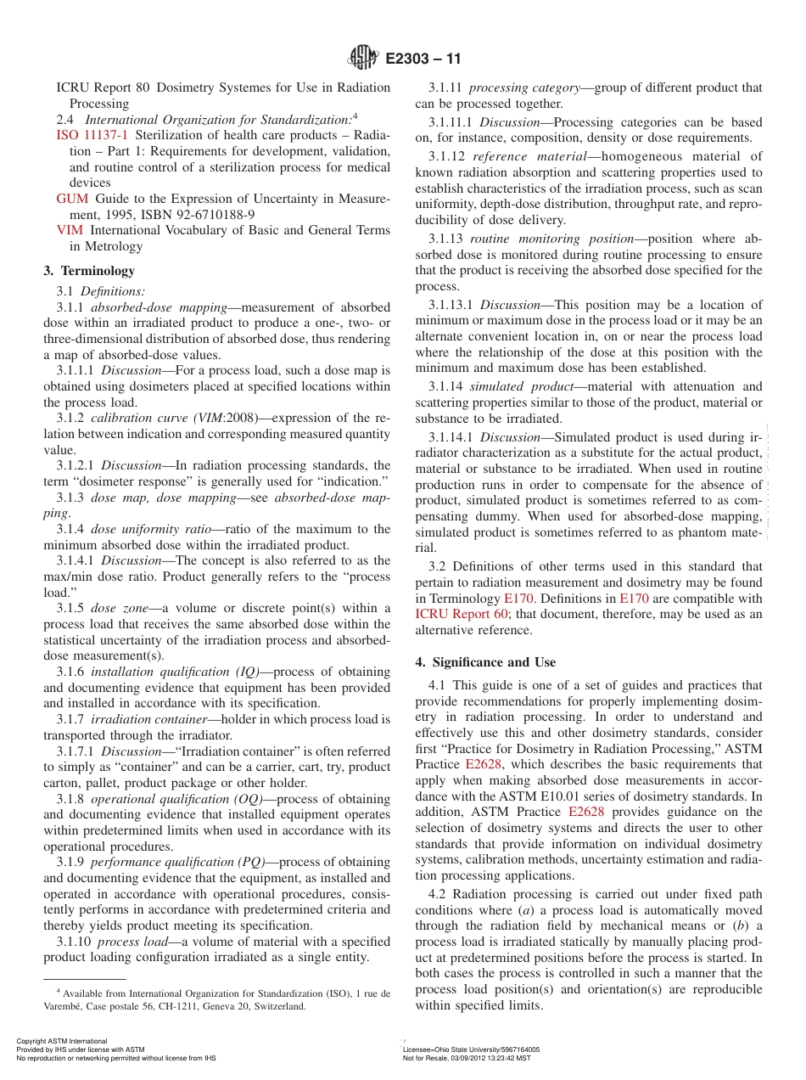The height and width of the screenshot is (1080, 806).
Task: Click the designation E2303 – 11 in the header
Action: tap(423, 59)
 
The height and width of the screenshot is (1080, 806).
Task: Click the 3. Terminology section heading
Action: tap(89, 271)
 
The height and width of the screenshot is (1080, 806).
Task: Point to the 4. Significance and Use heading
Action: tap(485, 661)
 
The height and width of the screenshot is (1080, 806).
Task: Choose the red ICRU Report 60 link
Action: tap(462, 614)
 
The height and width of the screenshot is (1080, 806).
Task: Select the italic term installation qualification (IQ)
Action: tap(175, 672)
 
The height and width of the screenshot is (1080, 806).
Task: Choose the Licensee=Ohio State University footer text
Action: tap(471, 1049)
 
